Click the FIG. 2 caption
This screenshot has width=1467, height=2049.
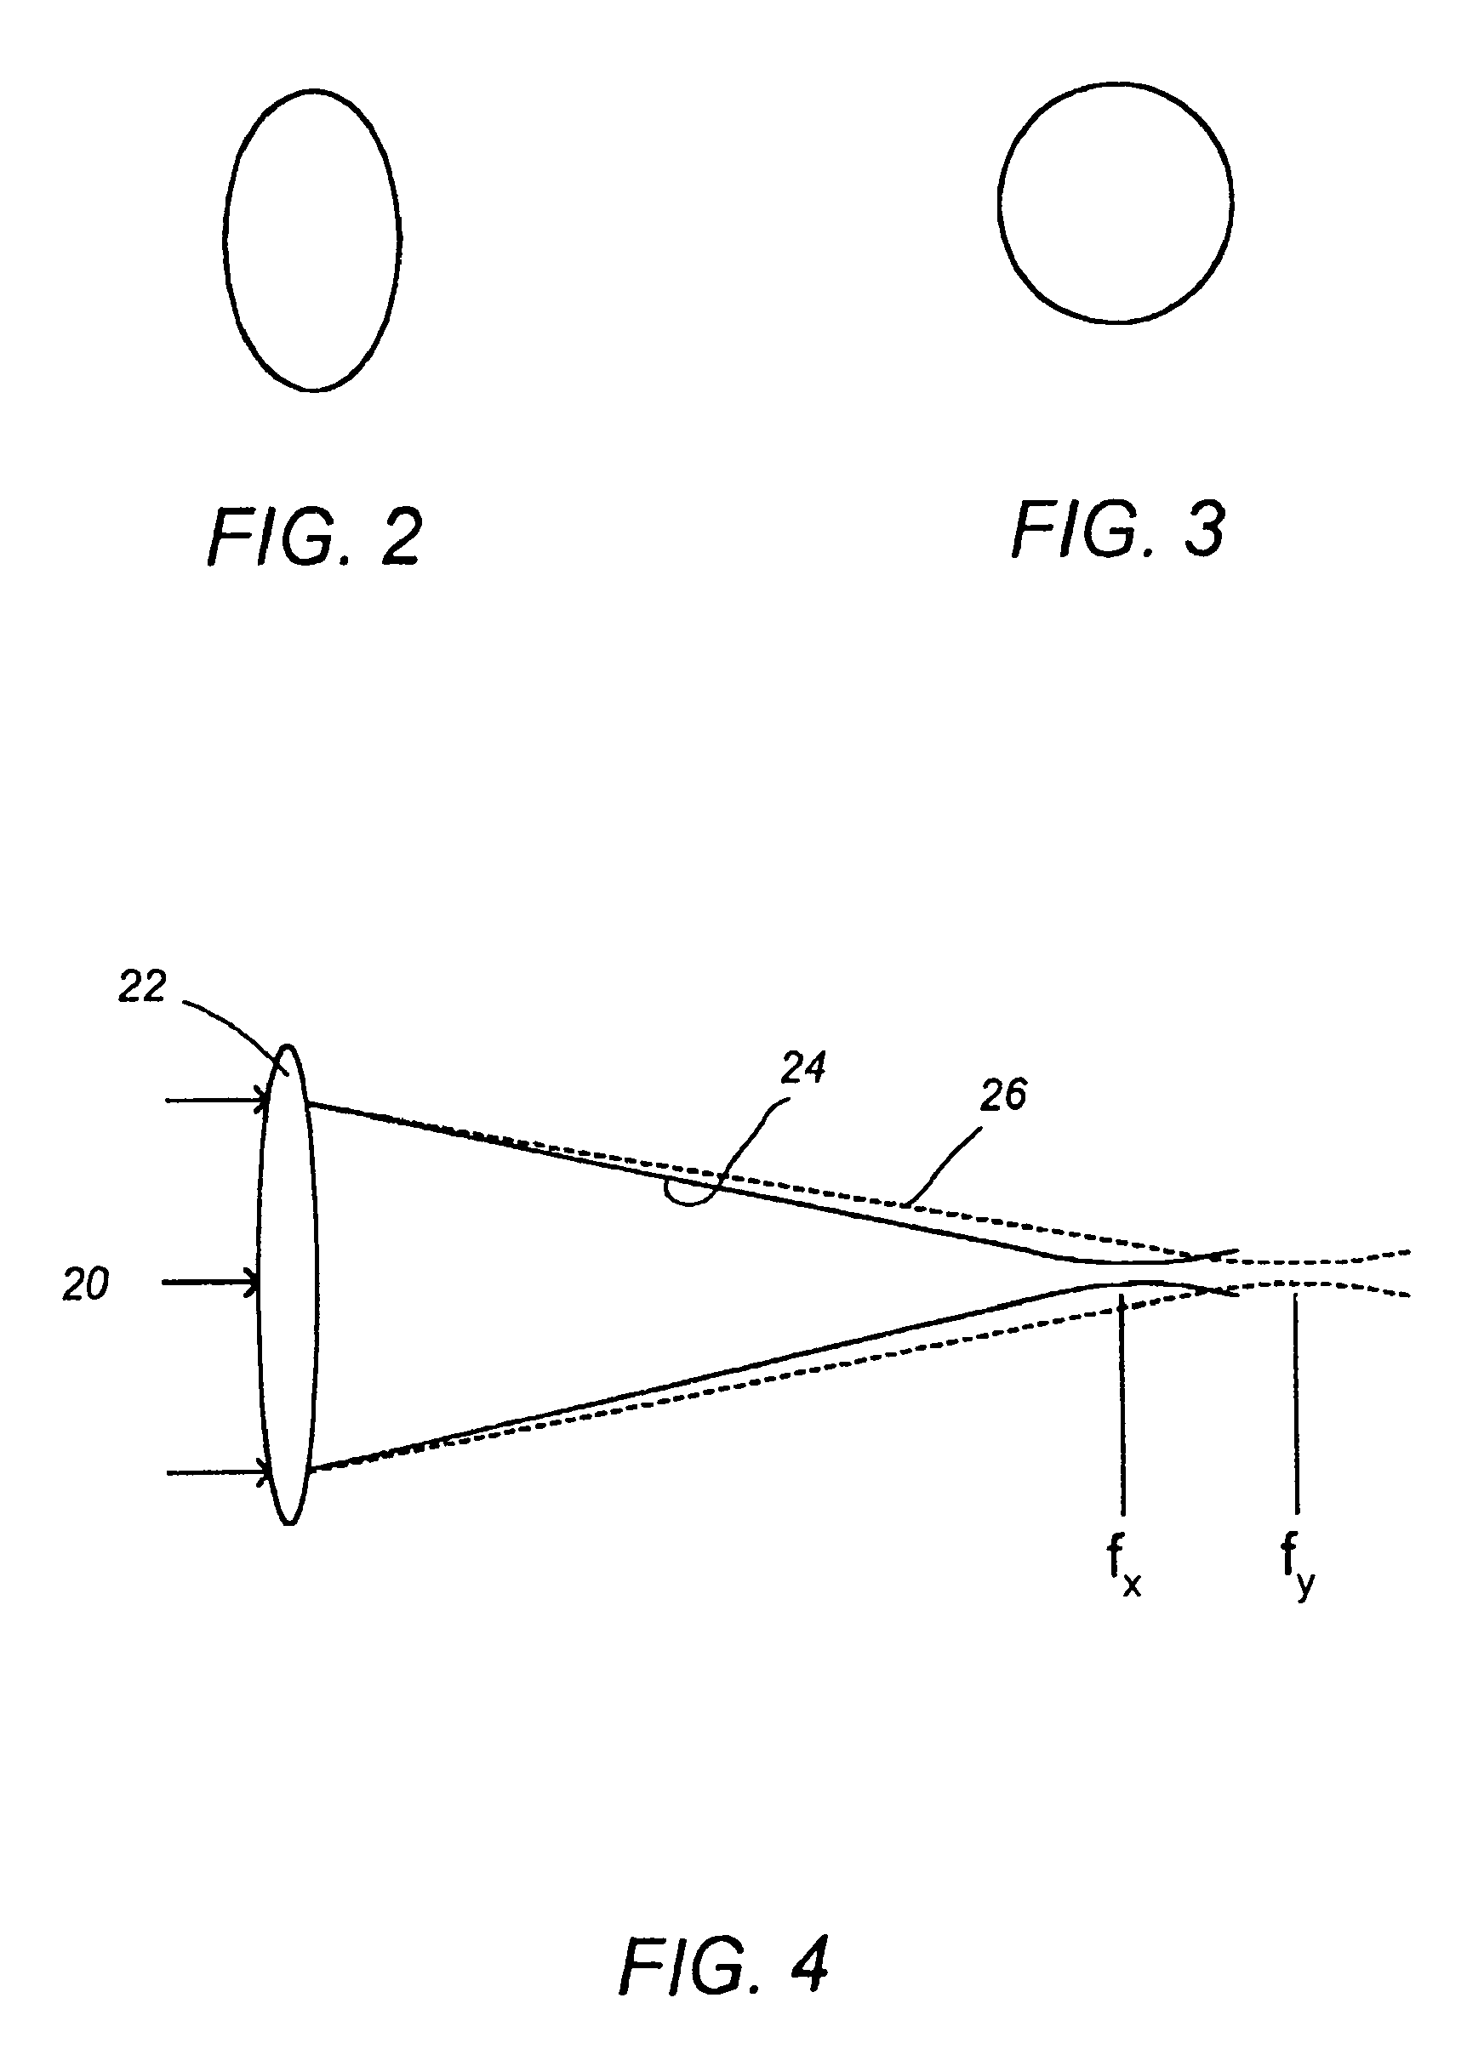pyautogui.click(x=315, y=538)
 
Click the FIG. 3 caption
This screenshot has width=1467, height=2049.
pyautogui.click(x=1118, y=530)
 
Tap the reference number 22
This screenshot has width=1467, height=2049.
pyautogui.click(x=143, y=988)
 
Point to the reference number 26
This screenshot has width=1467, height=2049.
pyautogui.click(x=1003, y=1096)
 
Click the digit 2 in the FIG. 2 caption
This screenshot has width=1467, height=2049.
pyautogui.click(x=401, y=538)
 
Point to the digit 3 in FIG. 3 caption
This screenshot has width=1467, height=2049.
pyautogui.click(x=1205, y=531)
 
